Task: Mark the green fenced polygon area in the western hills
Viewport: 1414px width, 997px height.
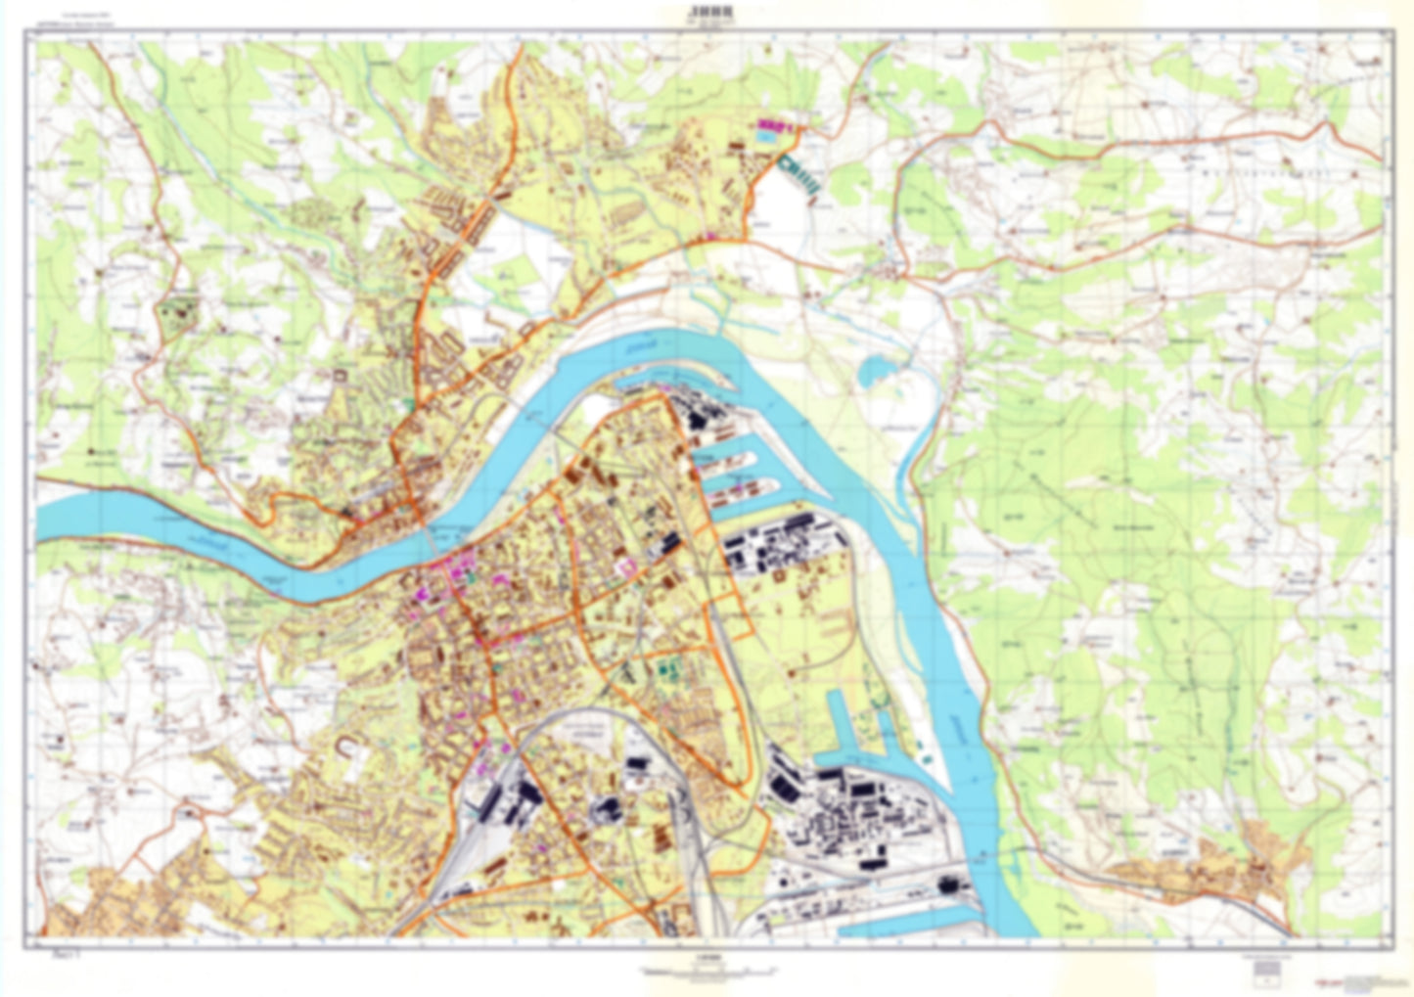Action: pyautogui.click(x=177, y=314)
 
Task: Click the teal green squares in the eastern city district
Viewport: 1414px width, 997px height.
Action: pyautogui.click(x=670, y=669)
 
